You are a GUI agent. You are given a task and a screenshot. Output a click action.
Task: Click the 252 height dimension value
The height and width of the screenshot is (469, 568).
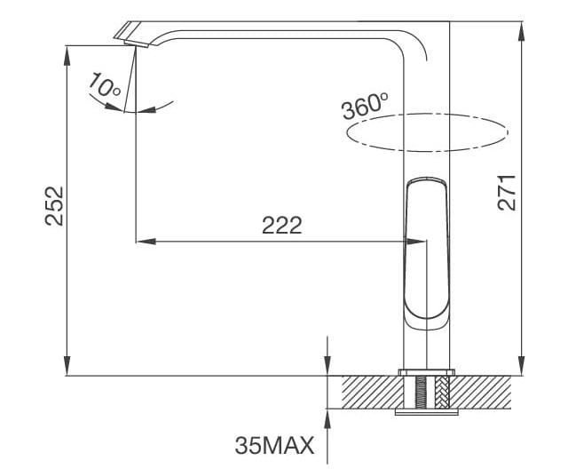[x=55, y=205]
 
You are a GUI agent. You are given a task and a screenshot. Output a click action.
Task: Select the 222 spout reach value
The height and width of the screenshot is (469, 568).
[x=281, y=226]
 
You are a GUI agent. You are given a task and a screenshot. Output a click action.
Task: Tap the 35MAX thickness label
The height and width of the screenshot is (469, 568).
[x=275, y=445]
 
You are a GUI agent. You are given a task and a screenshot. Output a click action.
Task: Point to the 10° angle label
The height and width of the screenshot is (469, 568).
[x=105, y=86]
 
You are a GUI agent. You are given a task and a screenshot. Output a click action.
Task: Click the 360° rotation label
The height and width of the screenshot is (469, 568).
[x=365, y=106]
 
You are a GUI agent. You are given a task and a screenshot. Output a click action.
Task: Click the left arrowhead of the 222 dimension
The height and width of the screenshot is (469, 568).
[x=142, y=240]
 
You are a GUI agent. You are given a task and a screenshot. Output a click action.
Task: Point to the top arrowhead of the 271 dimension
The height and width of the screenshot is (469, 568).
[x=521, y=27]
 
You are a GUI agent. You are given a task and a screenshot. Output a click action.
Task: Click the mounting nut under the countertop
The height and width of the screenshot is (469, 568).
[x=428, y=411]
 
